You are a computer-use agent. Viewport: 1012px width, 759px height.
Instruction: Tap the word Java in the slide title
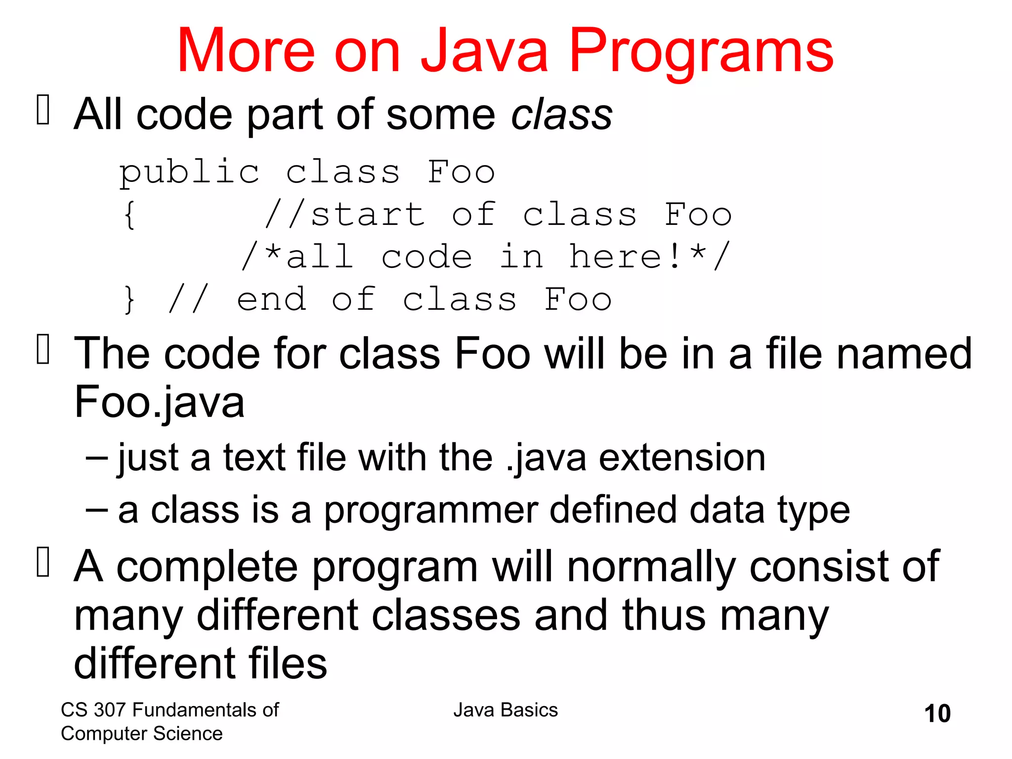tap(484, 51)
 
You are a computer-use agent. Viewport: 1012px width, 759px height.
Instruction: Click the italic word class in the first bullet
tap(562, 115)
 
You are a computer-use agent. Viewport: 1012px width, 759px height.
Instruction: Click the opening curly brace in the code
tap(129, 215)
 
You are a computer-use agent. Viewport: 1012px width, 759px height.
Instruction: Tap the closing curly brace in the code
tap(129, 300)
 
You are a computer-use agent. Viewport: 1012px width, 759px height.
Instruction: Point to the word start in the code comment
tap(368, 215)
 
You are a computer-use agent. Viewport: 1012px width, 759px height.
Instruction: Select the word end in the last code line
tap(271, 300)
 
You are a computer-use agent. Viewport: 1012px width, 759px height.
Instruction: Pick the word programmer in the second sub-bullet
tap(430, 511)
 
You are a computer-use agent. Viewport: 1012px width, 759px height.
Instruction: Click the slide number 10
tap(937, 714)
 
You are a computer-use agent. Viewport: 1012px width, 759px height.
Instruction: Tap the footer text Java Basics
tap(506, 710)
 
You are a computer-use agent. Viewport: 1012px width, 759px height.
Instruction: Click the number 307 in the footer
tap(110, 710)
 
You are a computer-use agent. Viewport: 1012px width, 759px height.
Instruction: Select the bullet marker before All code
tap(43, 109)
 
